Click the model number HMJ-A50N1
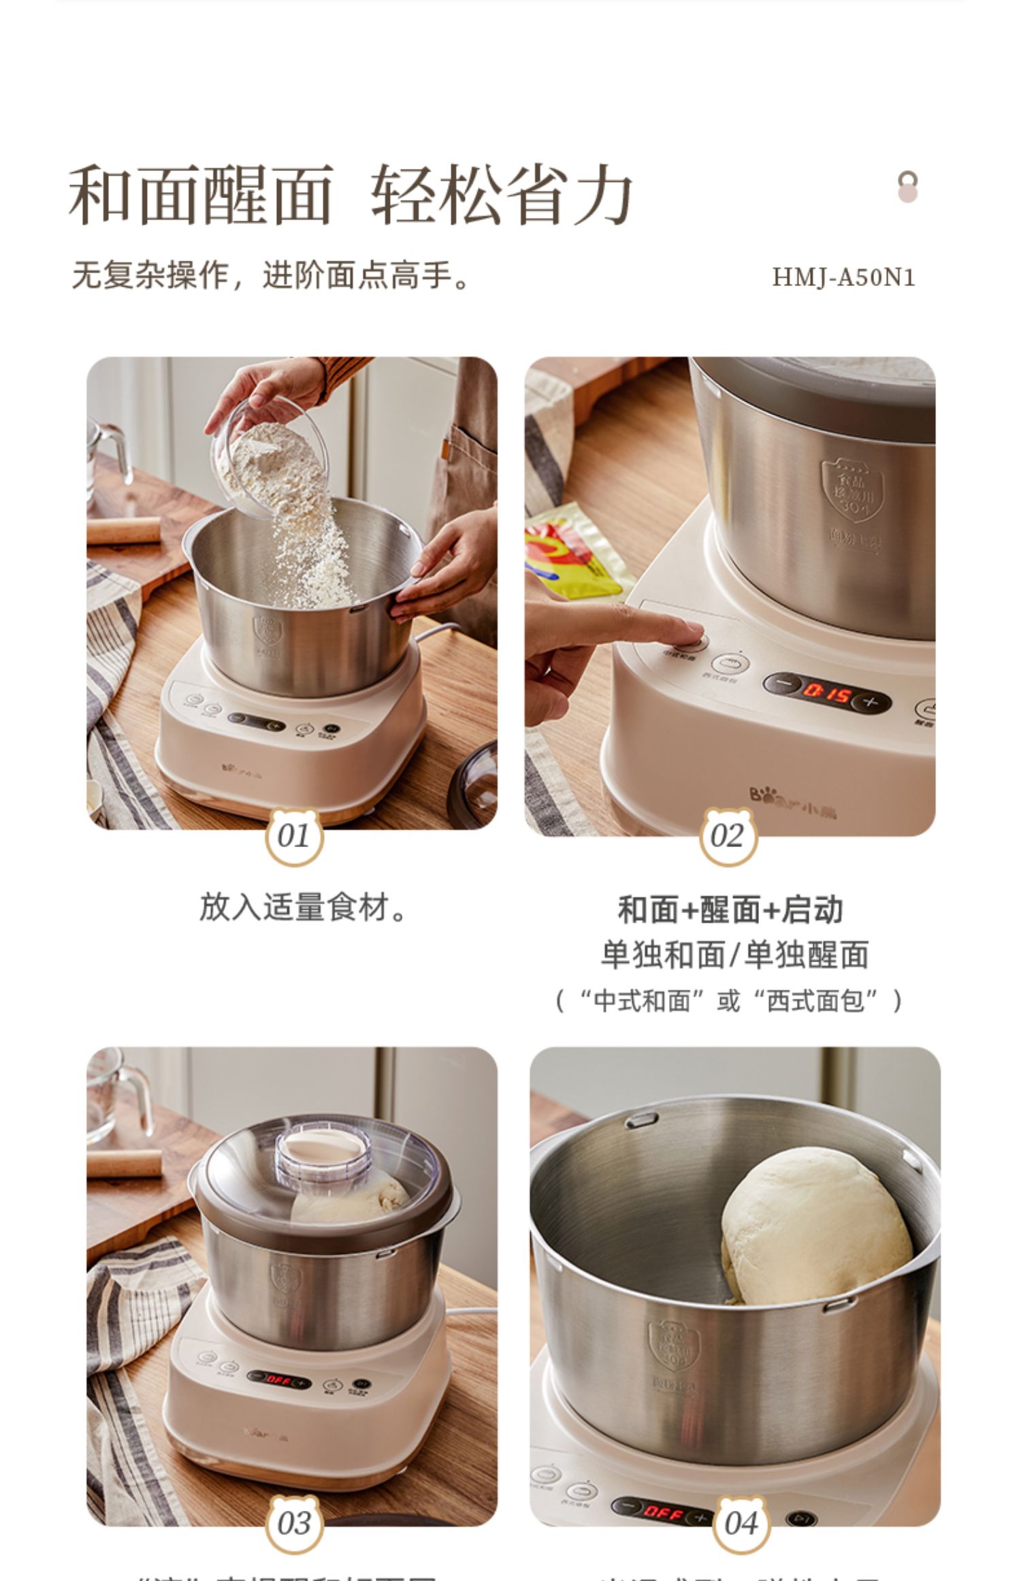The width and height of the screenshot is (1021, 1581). [843, 277]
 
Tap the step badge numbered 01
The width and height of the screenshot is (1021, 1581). [293, 836]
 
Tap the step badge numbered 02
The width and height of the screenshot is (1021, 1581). [728, 836]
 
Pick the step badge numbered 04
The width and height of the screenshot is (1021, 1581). [741, 1524]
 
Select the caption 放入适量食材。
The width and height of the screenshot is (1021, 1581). [302, 908]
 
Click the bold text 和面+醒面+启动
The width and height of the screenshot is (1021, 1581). [730, 910]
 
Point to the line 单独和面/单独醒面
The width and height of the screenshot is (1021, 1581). [734, 955]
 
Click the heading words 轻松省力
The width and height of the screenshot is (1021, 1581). [502, 195]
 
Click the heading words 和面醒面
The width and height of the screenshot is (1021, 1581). [201, 195]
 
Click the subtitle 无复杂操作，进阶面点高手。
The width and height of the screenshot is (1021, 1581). [270, 276]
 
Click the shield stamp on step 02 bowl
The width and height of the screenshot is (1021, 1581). [852, 489]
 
